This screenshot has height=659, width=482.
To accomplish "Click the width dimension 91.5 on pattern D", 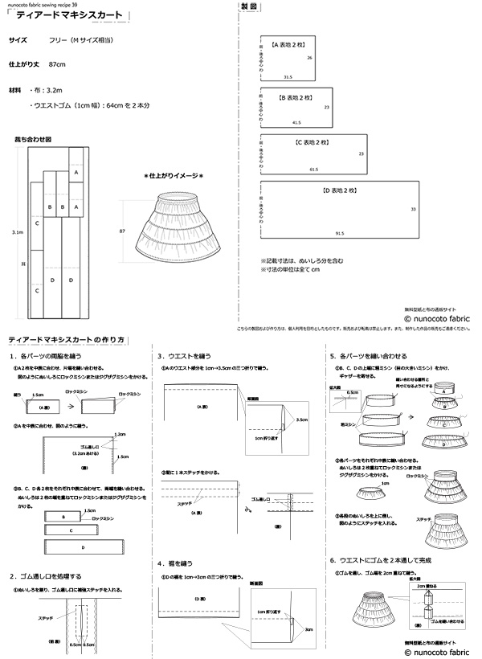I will pos(340,233).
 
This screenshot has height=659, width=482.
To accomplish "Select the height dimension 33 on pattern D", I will pos(413,209).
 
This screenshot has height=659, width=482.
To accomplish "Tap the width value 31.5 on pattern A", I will pos(287,76).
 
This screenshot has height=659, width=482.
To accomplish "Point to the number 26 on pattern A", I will pos(309,59).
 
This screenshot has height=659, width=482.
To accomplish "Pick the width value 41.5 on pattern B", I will pos(296,123).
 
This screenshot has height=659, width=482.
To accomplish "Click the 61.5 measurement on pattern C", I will pos(313,170).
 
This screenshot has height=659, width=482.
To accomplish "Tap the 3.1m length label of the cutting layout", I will pos(18,231).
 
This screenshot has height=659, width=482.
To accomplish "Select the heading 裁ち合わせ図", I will pos(32,139).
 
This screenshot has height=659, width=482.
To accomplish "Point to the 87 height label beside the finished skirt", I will pos(122,231).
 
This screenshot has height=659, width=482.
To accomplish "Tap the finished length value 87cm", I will pos(57,63).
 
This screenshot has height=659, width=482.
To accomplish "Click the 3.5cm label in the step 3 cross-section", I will pos(301,420).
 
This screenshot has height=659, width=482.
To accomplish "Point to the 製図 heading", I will pos(250,7).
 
